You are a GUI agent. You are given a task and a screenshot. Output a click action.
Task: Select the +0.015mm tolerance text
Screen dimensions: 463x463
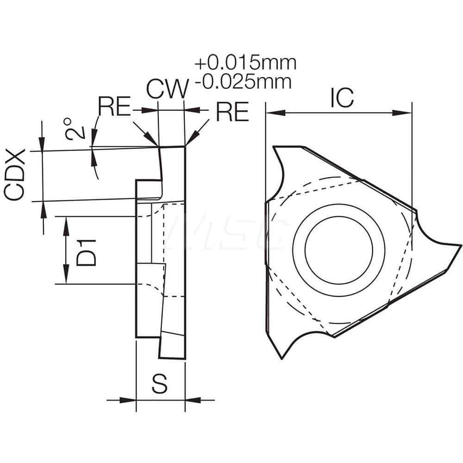[x=246, y=63]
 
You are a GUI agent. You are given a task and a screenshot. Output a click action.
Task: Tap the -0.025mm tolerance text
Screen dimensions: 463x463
[x=244, y=82]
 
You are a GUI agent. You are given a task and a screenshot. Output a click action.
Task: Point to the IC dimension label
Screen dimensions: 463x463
[x=341, y=97]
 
